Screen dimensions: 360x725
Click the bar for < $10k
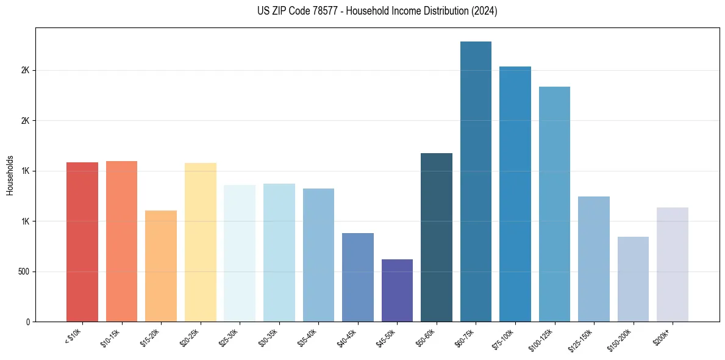pos(82,242)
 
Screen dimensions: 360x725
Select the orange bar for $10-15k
pos(121,241)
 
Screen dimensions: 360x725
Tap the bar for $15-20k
pos(161,266)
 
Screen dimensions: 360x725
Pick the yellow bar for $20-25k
pos(201,242)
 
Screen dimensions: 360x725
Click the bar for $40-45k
pos(358,277)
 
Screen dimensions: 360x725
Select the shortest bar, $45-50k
pos(397,290)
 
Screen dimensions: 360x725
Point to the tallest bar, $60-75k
pos(476,181)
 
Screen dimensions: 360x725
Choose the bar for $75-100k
pos(515,194)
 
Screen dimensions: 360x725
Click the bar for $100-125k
pos(554,204)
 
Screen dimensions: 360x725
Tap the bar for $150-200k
pos(633,279)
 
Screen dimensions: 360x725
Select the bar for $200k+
pos(673,264)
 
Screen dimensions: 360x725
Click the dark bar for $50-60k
pos(437,237)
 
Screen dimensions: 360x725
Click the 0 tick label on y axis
pos(28,322)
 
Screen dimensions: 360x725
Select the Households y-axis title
pos(10,175)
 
